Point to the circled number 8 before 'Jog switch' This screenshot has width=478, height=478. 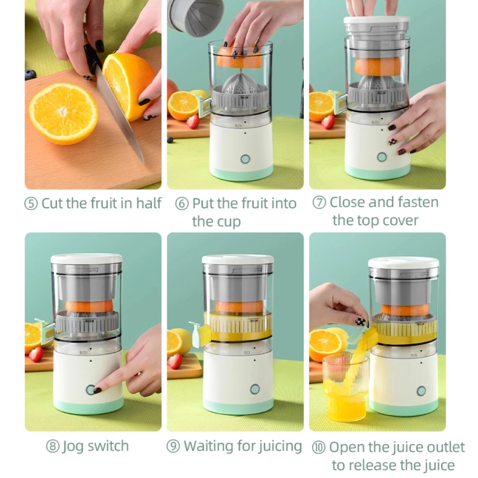[x=53, y=446]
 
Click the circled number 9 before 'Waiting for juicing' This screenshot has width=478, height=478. [x=173, y=446]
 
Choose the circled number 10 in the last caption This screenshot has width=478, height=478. [x=319, y=447]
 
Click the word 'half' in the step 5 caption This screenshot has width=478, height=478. [x=149, y=203]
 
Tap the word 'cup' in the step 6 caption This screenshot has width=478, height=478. [x=229, y=222]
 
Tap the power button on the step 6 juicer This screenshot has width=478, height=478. [x=245, y=159]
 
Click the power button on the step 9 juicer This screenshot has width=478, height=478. [x=255, y=389]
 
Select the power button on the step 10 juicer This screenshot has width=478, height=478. [x=421, y=391]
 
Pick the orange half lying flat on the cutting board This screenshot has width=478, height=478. [x=63, y=114]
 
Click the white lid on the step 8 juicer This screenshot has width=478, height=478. [x=87, y=259]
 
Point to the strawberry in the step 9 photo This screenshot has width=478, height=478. [x=175, y=360]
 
